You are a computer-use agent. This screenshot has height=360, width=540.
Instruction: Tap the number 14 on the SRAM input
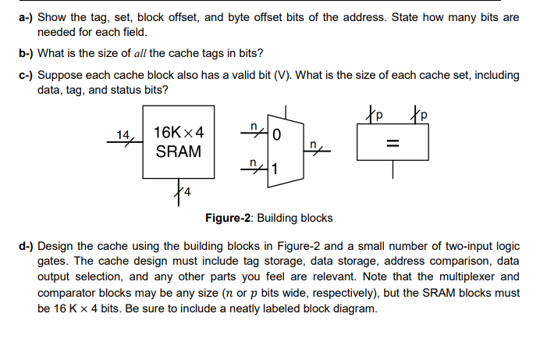click(x=123, y=134)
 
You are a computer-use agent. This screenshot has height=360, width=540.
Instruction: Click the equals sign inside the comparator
click(x=394, y=145)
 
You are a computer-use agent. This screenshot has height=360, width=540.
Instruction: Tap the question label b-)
click(x=27, y=53)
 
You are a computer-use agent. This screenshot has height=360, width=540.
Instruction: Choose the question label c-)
click(x=27, y=75)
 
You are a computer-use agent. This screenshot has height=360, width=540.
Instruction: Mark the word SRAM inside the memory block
click(x=179, y=151)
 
